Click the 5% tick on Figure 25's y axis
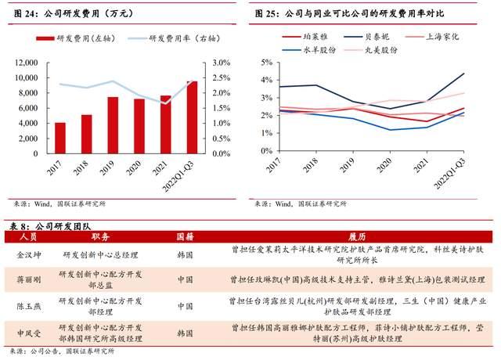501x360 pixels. [x=266, y=63]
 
